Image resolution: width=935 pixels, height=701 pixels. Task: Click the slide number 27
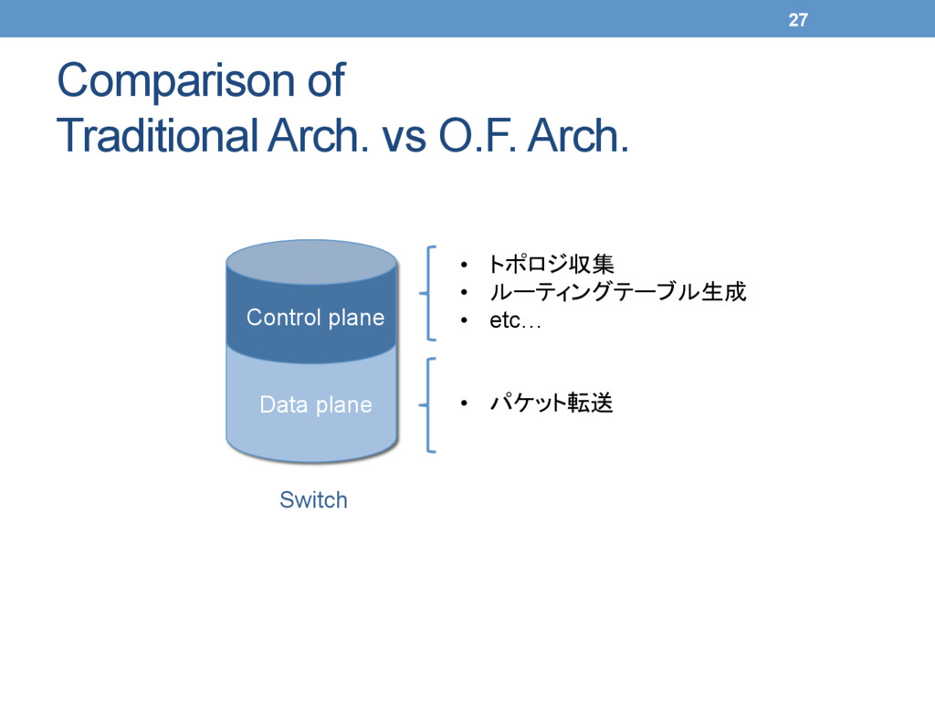tap(798, 20)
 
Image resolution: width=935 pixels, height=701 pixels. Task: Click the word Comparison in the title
tap(176, 81)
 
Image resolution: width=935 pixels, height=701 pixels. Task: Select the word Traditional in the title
tap(157, 135)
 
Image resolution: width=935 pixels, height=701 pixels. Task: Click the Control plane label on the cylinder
tap(315, 317)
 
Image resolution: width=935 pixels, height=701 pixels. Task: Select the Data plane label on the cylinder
tap(316, 404)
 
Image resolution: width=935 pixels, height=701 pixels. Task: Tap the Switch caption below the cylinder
tap(314, 499)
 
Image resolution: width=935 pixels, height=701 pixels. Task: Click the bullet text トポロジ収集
tap(551, 264)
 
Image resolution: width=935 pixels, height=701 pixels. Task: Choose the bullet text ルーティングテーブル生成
tap(618, 291)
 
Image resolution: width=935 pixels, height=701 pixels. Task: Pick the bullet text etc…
tap(515, 320)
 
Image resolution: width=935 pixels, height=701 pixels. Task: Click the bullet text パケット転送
tap(551, 403)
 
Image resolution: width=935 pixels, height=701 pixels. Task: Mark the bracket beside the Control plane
tap(429, 293)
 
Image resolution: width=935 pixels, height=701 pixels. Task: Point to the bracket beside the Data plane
tap(429, 404)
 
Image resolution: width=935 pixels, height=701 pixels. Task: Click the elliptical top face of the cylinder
tap(312, 262)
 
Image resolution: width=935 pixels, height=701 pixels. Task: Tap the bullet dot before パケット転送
tap(464, 403)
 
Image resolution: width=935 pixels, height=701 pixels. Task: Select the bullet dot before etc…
tap(464, 320)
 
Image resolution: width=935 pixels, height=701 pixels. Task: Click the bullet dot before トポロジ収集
tap(464, 264)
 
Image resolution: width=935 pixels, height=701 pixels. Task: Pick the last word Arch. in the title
tap(578, 135)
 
